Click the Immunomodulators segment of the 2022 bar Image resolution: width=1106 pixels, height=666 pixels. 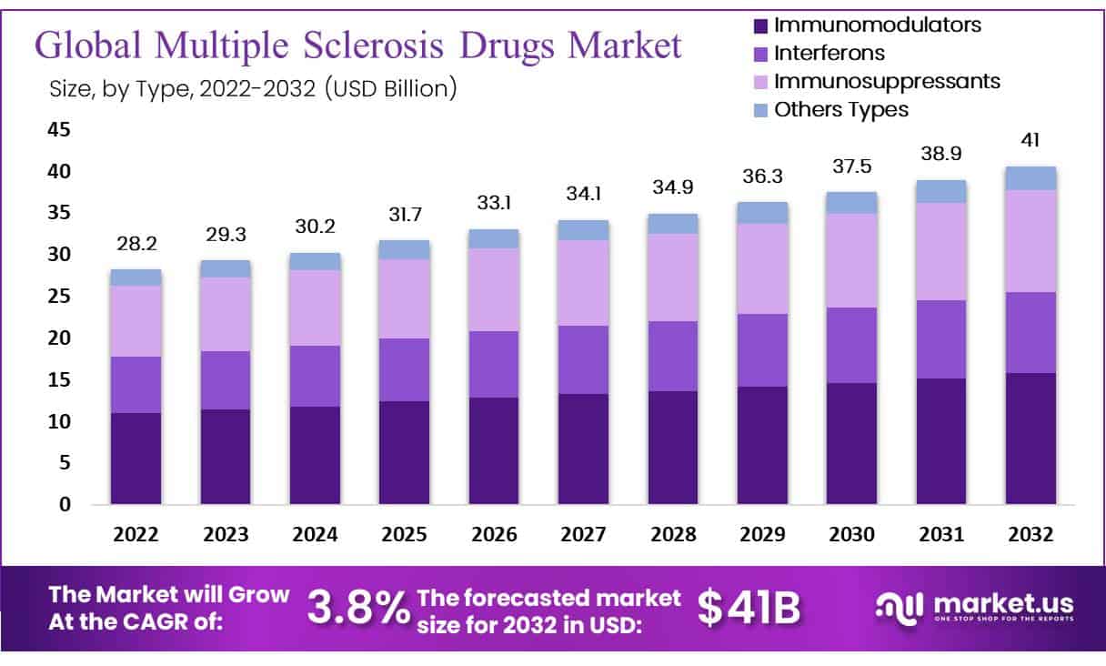(136, 458)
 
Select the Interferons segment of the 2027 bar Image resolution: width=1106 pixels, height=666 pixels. (583, 359)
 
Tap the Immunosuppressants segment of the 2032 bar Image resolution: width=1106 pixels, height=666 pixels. (1031, 240)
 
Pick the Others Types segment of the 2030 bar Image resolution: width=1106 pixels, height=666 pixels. (851, 202)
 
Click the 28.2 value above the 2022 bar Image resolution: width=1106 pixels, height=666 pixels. (136, 245)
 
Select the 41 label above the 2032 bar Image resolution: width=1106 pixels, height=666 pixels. (1031, 140)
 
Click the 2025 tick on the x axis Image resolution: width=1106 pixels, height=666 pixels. (404, 535)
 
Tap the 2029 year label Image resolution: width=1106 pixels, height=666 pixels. (762, 535)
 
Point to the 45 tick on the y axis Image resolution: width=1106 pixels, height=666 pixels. (58, 130)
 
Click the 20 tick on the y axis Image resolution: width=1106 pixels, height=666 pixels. (58, 338)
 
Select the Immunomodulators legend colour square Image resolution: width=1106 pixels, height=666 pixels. (760, 25)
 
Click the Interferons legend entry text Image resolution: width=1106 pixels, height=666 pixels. (829, 54)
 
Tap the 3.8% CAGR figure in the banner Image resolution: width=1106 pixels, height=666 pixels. (357, 609)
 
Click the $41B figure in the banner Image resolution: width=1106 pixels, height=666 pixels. (749, 608)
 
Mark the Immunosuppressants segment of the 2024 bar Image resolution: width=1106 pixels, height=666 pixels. (315, 308)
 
